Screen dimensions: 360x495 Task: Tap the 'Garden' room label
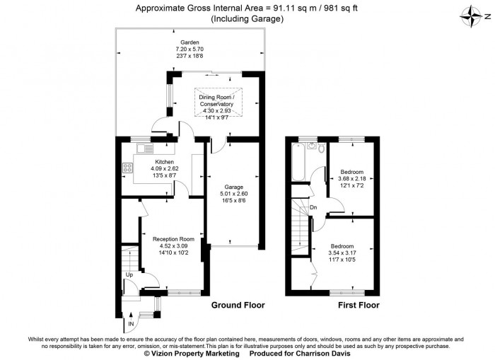189,42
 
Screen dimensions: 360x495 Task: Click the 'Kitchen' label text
155,162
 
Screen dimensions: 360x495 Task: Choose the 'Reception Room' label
173,239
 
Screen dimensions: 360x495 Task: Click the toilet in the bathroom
320,149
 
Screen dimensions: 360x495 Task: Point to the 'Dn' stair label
313,207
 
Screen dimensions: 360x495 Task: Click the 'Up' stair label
129,274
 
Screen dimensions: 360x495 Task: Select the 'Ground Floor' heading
238,306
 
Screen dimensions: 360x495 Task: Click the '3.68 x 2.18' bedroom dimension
352,179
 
